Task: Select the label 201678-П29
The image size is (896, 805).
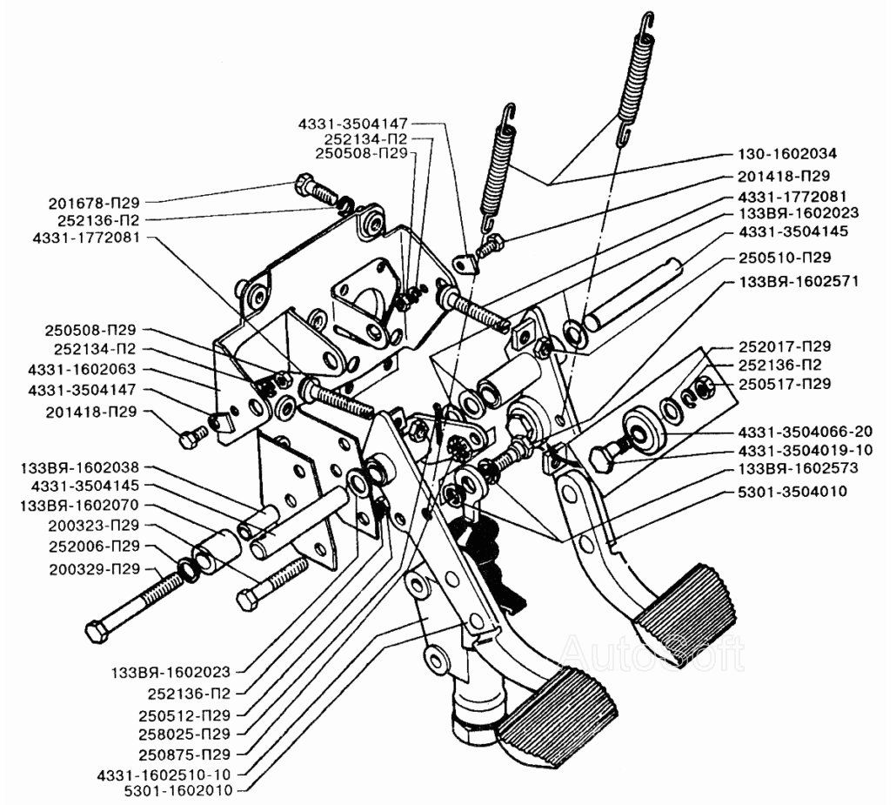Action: pyautogui.click(x=94, y=203)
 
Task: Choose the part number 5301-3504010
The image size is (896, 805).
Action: pyautogui.click(x=792, y=491)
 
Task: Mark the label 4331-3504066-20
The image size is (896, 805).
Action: pyautogui.click(x=806, y=431)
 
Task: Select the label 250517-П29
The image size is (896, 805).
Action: pyautogui.click(x=785, y=384)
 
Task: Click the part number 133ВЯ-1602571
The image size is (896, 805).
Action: pyautogui.click(x=799, y=282)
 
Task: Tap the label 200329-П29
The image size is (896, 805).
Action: pyautogui.click(x=94, y=569)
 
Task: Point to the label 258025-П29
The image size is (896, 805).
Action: pyautogui.click(x=184, y=735)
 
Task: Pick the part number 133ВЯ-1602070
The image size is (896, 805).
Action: pyautogui.click(x=79, y=506)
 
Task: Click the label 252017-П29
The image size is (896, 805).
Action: pyautogui.click(x=785, y=346)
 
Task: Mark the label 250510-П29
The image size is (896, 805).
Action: pyautogui.click(x=785, y=258)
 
